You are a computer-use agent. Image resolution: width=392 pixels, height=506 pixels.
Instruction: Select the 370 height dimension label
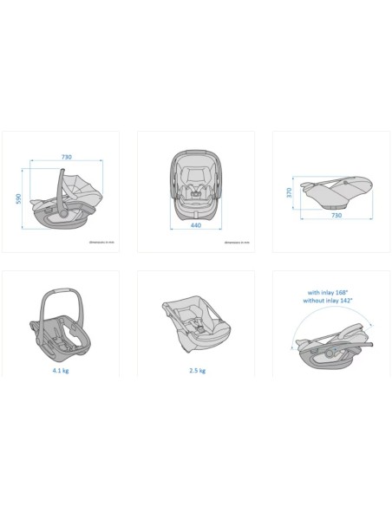click(290, 192)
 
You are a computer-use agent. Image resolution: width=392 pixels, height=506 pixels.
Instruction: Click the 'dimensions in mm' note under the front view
click(236, 243)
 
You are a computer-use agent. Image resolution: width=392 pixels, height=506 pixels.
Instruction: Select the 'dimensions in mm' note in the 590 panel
click(101, 243)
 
